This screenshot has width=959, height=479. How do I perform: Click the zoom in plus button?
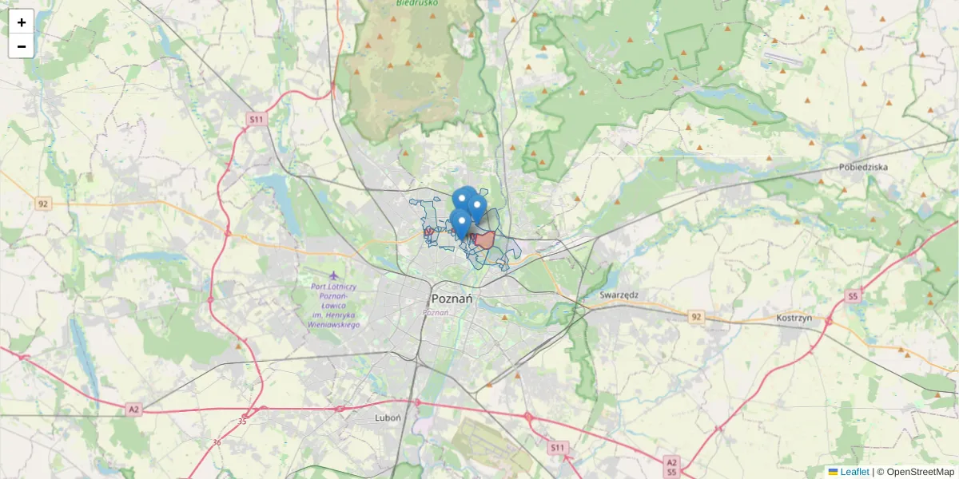(22, 22)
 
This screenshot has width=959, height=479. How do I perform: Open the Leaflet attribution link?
(854, 472)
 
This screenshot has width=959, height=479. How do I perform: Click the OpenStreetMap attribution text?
(919, 472)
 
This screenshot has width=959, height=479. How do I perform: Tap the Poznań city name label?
(452, 299)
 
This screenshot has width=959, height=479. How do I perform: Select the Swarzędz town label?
(619, 295)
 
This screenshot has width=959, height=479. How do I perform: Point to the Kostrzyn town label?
(794, 317)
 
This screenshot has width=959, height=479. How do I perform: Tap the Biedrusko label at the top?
(415, 3)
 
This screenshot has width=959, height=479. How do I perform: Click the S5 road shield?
(854, 296)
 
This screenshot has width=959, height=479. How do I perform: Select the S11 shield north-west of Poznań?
(256, 119)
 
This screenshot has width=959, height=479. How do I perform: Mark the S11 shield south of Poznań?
(557, 448)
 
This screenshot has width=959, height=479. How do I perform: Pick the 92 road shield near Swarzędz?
(696, 317)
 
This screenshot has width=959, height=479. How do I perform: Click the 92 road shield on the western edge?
(43, 204)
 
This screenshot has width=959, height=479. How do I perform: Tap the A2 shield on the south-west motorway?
(133, 410)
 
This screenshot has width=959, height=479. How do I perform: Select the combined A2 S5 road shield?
(671, 466)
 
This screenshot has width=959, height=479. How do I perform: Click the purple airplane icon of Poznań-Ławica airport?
(332, 276)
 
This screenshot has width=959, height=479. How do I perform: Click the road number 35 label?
(242, 421)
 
